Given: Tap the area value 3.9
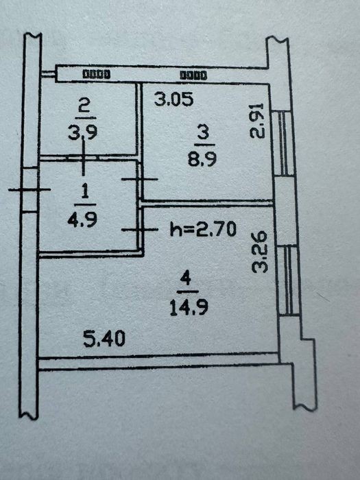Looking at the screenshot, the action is (83, 132).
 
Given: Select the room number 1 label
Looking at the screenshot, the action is (85, 192).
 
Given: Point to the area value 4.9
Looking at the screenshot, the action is (82, 219).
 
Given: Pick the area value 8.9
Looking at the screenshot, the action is (202, 159).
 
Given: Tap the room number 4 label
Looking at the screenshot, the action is (186, 280).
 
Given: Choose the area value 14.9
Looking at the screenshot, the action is (189, 307).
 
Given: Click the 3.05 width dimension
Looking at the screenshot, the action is (174, 99).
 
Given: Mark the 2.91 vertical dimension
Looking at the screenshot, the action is (256, 121).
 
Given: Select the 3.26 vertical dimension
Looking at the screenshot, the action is (260, 252).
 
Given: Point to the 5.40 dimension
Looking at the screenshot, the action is (104, 339).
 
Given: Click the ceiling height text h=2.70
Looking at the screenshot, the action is (203, 229).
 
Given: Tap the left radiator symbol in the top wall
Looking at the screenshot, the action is (97, 74).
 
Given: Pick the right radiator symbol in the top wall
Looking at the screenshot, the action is (193, 75).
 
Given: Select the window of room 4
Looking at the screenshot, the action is (288, 280).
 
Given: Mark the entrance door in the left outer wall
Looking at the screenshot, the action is (30, 190).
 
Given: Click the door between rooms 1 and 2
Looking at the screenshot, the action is (83, 158).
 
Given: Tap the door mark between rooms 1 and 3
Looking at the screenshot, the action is (140, 179).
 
